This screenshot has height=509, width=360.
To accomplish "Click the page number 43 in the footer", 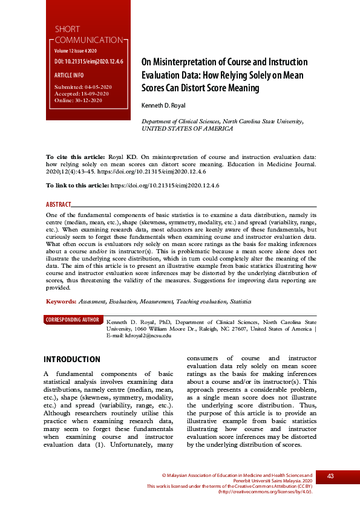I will coord(330,476).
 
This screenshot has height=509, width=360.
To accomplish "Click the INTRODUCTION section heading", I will coord(72,359).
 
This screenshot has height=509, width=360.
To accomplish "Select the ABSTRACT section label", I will coord(59,205).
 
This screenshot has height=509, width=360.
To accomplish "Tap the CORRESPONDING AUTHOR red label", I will coord(73,320).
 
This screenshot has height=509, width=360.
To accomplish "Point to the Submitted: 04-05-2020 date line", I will coord(82,88).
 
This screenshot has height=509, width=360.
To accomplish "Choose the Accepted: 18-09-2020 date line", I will coord(82,94).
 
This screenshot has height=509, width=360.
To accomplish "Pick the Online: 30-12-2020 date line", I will coord(78,100).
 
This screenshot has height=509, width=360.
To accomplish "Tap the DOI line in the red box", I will coord(89,62).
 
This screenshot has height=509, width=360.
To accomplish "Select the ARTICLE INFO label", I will coord(69,76).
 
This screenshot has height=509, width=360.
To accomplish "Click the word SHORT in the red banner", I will coord(67,29).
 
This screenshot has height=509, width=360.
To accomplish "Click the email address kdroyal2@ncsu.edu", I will coord(148,335).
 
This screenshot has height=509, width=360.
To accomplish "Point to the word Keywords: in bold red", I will coord(61,301).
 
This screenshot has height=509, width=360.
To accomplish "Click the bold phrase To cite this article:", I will coord(75,156).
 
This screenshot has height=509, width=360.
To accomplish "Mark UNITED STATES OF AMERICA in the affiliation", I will coord(187,129).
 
